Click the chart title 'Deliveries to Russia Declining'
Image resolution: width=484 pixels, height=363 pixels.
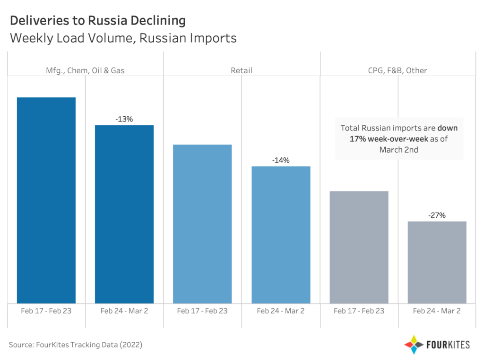[97, 21]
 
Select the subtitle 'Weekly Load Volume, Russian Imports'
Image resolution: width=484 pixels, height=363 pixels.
[123, 38]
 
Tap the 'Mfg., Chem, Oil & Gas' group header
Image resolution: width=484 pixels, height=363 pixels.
[85, 70]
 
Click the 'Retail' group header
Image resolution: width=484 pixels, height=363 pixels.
[242, 70]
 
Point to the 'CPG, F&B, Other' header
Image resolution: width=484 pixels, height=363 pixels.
[398, 70]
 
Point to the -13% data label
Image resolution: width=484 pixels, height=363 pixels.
[124, 119]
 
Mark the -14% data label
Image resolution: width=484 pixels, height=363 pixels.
[281, 160]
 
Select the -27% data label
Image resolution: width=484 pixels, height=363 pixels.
[437, 215]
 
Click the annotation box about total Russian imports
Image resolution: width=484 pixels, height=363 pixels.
[399, 138]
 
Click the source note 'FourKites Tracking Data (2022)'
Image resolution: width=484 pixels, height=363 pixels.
[76, 345]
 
